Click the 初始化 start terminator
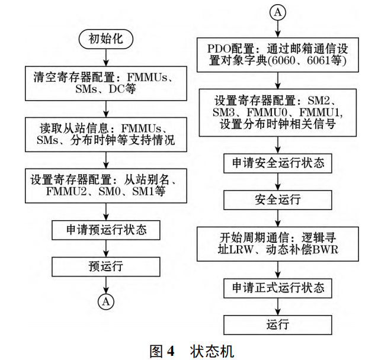coord(105,39)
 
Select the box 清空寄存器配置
coord(105,83)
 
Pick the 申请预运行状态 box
coord(105,229)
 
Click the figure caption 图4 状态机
coord(188,350)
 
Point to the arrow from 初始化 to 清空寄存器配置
coord(105,57)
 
